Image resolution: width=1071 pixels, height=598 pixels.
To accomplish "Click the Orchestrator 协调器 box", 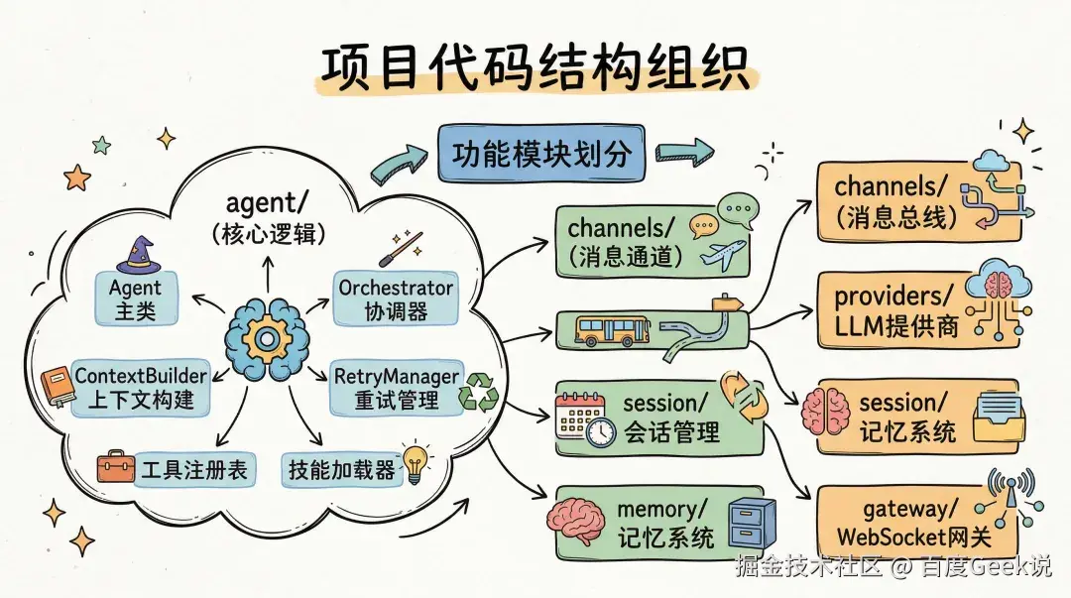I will coord(395,299).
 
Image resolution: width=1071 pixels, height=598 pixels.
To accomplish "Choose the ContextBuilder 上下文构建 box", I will coord(141,388).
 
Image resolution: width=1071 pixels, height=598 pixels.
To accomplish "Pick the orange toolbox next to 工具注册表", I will coord(116,467).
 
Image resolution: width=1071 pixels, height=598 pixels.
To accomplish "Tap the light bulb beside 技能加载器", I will coord(415,462).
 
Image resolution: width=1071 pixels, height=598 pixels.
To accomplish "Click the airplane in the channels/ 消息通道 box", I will coord(721,255).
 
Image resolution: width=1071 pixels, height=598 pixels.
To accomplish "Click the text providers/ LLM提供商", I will coord(895,310).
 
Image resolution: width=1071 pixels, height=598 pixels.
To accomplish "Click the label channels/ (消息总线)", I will coord(895,200).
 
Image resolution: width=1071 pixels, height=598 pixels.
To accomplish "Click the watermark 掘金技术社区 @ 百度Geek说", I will coord(892,566).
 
